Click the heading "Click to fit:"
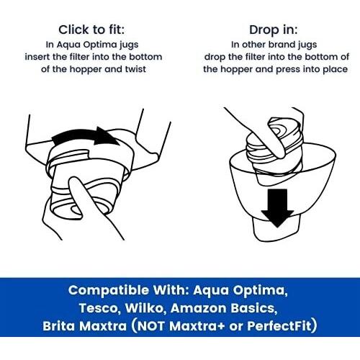pyautogui.click(x=91, y=30)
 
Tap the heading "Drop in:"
pyautogui.click(x=273, y=30)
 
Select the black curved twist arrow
pyautogui.click(x=85, y=136)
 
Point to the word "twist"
pyautogui.click(x=135, y=69)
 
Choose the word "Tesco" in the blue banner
pyautogui.click(x=100, y=307)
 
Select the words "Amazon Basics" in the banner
pyautogui.click(x=224, y=308)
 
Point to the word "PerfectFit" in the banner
pyautogui.click(x=279, y=325)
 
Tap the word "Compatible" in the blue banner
pyautogui.click(x=109, y=290)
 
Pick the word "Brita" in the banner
pyautogui.click(x=58, y=326)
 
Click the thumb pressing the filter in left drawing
pyautogui.click(x=79, y=194)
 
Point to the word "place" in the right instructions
pyautogui.click(x=336, y=70)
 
